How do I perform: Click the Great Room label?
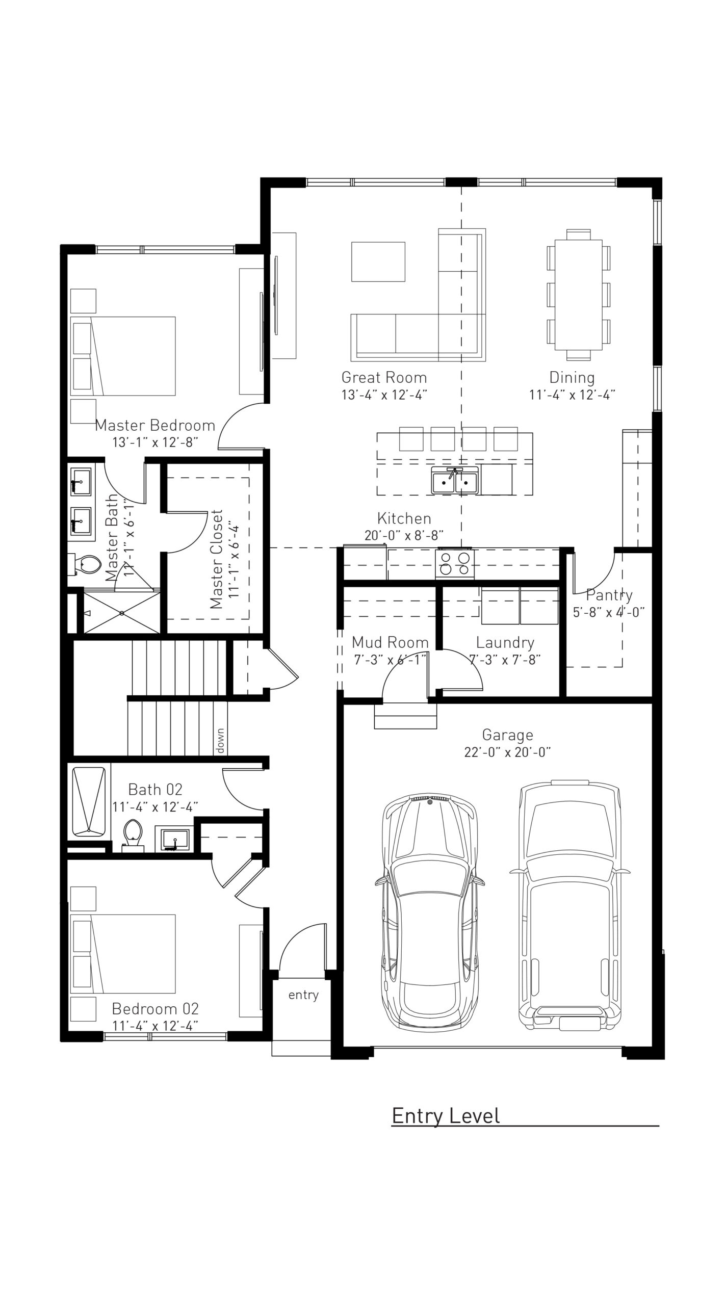(x=384, y=377)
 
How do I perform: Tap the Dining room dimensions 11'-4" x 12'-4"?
(x=572, y=395)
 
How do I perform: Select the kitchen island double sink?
(x=455, y=481)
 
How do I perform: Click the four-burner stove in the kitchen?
(x=455, y=564)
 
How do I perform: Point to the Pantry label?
(x=609, y=594)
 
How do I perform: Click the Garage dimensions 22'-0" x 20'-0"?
(x=507, y=752)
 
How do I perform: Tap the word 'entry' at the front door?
(x=303, y=995)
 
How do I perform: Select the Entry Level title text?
(x=446, y=1116)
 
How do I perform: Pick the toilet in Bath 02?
(x=133, y=834)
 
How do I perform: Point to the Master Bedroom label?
(x=155, y=425)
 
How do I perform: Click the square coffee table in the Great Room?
(x=378, y=262)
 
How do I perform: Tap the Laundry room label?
(x=505, y=642)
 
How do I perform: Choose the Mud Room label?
(x=390, y=642)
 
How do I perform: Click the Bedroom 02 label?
(x=155, y=1008)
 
